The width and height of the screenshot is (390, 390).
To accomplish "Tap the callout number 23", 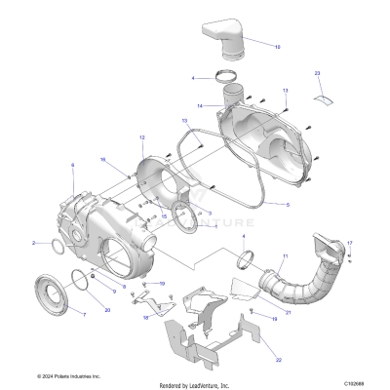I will point(317,73).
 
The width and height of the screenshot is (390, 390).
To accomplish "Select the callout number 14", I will point(199,105).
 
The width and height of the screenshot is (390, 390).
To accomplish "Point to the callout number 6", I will point(72,166).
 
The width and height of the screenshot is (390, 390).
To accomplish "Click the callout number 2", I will point(59,243).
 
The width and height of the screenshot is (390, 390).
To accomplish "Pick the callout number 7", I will point(83,316).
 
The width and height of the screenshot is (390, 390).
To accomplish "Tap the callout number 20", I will point(107,309).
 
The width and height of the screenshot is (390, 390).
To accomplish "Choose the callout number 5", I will point(288,205).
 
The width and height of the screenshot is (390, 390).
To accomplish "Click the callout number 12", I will point(141,137).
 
